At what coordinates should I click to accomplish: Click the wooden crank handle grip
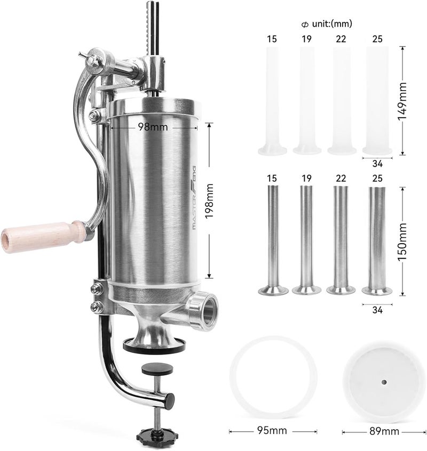[43, 234]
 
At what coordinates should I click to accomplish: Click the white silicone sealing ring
[272, 380]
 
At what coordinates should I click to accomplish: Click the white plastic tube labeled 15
[272, 101]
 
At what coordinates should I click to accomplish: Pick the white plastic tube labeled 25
[377, 101]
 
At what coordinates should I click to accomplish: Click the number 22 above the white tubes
[342, 38]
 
